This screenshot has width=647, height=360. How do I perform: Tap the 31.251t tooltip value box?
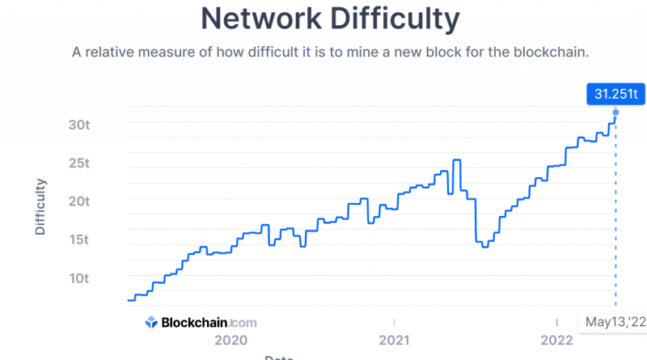click(x=615, y=95)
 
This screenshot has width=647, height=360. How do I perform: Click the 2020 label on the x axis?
click(x=230, y=340)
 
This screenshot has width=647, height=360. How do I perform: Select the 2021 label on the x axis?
click(x=393, y=340)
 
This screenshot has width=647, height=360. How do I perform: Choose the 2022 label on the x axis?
click(x=556, y=340)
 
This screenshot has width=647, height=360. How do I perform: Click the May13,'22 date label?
click(x=615, y=322)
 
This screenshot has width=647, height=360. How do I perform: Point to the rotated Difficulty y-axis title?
click(x=40, y=206)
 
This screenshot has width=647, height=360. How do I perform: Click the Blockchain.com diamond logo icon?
click(x=151, y=322)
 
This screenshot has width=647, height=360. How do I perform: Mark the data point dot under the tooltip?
click(x=616, y=112)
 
